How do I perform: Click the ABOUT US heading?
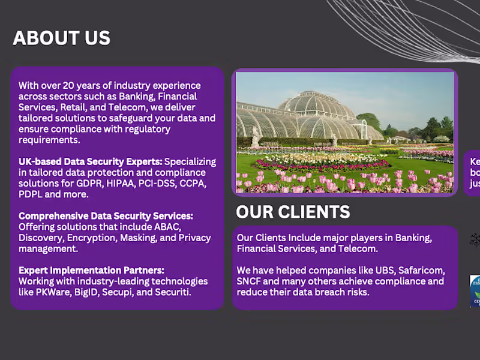click(62, 38)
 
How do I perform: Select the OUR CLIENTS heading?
click(293, 212)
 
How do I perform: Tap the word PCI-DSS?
click(158, 183)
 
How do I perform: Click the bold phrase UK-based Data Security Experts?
click(90, 161)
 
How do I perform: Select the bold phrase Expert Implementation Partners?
click(91, 270)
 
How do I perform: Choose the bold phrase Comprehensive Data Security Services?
click(106, 216)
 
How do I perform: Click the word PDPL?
click(31, 194)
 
